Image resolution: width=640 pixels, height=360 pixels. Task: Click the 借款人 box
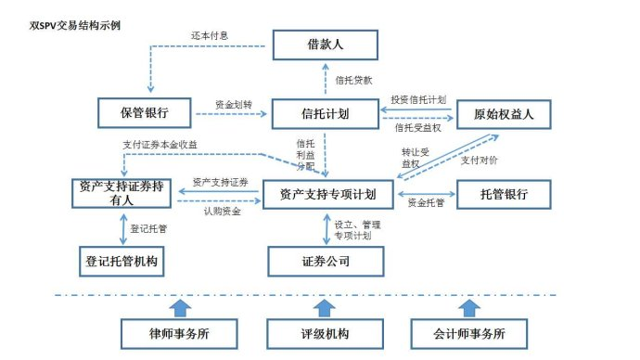[x=326, y=45]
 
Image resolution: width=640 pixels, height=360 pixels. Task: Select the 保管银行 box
[x=145, y=113]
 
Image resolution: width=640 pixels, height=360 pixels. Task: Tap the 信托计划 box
[x=326, y=113]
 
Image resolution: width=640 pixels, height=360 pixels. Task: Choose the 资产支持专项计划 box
[x=328, y=194]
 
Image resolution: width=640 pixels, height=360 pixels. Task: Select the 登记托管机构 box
[x=122, y=262]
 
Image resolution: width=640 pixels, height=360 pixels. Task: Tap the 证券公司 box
[x=326, y=262]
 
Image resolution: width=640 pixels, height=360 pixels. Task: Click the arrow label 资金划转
[x=232, y=104]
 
